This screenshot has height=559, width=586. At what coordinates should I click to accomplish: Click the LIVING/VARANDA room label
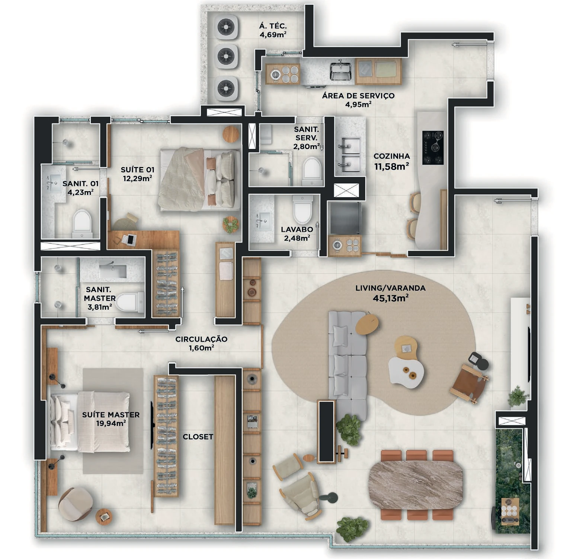pyautogui.click(x=390, y=288)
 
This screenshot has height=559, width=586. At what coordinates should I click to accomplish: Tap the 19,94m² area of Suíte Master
pyautogui.click(x=111, y=424)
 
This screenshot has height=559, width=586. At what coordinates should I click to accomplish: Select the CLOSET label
pyautogui.click(x=198, y=437)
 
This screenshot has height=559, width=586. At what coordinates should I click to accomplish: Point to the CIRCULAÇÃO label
pyautogui.click(x=201, y=339)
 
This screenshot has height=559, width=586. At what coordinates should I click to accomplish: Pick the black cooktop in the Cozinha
pyautogui.click(x=433, y=148)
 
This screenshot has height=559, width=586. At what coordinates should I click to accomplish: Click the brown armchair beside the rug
pyautogui.click(x=469, y=384)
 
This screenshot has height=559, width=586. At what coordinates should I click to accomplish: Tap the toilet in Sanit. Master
pyautogui.click(x=130, y=302)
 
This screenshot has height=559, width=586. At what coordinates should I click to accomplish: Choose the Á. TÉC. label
pyautogui.click(x=273, y=26)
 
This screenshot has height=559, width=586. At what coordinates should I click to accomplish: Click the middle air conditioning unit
pyautogui.click(x=226, y=57)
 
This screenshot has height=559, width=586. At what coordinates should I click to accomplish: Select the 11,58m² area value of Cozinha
pyautogui.click(x=392, y=166)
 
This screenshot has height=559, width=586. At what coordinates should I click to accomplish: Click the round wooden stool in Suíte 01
pyautogui.click(x=231, y=134)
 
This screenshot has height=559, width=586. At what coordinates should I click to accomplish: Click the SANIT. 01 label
pyautogui.click(x=81, y=184)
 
